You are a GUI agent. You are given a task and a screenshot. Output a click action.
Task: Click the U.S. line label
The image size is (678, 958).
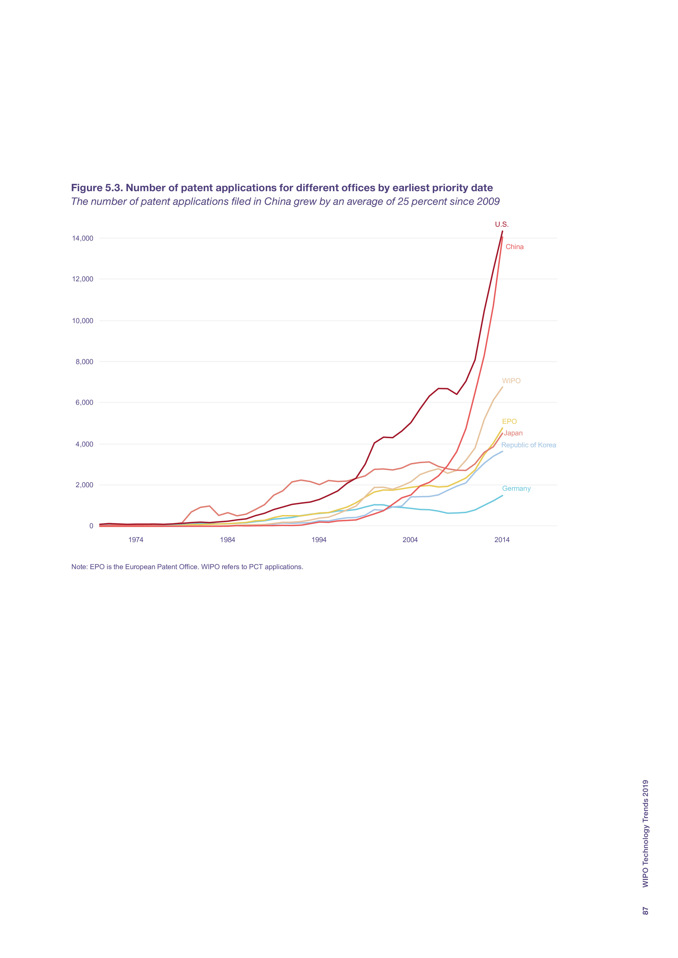point(501,224)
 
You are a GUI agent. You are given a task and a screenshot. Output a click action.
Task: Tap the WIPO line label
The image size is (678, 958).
point(511,381)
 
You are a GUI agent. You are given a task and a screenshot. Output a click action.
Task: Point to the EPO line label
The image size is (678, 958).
point(509,421)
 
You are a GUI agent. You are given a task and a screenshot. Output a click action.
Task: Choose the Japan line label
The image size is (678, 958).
point(513,433)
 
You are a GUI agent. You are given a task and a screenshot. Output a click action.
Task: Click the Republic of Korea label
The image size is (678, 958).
point(528,445)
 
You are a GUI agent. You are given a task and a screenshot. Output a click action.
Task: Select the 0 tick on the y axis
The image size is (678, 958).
point(91,526)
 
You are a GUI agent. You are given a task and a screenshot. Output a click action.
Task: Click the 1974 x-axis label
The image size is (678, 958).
point(136,540)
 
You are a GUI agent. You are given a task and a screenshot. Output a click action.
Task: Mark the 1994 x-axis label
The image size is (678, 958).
point(319,540)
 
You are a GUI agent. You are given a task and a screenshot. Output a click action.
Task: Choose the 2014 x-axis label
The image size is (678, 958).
point(502,540)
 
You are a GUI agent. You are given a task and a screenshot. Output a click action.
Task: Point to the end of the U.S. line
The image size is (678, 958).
point(502,231)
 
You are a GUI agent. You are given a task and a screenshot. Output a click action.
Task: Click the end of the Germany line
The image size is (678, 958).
point(502,496)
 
